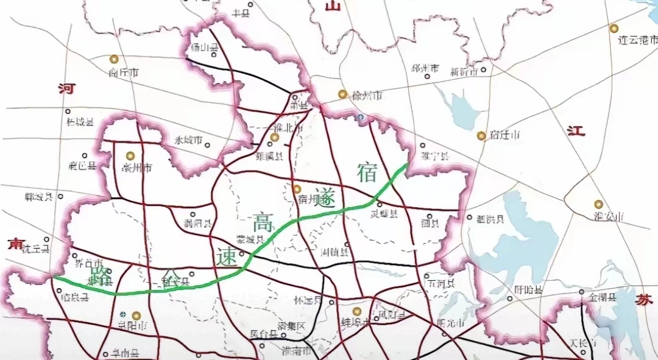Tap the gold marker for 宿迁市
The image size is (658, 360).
pos(481,135)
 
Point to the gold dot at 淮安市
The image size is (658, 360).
pos(598,204)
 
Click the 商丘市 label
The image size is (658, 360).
pos(124,72)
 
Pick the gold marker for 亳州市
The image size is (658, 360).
pos(129,155)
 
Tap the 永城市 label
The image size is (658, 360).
pos(188,140)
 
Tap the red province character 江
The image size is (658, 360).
pos(576,131)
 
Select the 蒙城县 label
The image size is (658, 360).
pos(250,240)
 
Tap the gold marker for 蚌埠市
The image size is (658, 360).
pos(357,311)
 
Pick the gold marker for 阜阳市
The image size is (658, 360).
pos(136,316)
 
